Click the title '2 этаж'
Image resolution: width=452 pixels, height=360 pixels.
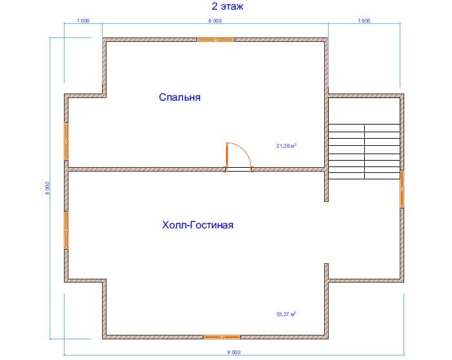pyautogui.click(x=227, y=6)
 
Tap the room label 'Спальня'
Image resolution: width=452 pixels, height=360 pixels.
pyautogui.click(x=180, y=97)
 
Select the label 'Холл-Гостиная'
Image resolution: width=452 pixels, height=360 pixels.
pyautogui.click(x=198, y=225)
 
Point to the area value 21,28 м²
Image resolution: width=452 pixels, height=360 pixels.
pyautogui.click(x=286, y=146)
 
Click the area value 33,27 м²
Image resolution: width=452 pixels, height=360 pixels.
pyautogui.click(x=286, y=314)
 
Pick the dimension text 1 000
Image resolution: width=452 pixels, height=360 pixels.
pyautogui.click(x=83, y=21)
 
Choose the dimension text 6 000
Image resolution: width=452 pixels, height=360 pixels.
pyautogui.click(x=215, y=21)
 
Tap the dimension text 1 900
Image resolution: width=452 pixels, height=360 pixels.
pyautogui.click(x=364, y=21)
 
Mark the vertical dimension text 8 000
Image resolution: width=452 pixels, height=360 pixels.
pyautogui.click(x=47, y=188)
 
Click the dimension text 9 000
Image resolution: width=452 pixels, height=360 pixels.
pyautogui.click(x=234, y=352)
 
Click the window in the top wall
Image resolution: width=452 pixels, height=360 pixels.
pyautogui.click(x=216, y=39)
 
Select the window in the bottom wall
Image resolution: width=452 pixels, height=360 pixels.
pyautogui.click(x=221, y=337)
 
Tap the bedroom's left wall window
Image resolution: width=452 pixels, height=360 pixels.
pyautogui.click(x=66, y=141)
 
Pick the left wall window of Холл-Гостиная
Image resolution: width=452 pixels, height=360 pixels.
pyautogui.click(x=66, y=230)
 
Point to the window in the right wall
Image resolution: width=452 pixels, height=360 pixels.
pyautogui.click(x=402, y=189)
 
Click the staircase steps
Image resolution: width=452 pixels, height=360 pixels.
pyautogui.click(x=364, y=152)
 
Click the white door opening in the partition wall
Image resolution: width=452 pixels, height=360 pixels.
pyautogui.click(x=239, y=169)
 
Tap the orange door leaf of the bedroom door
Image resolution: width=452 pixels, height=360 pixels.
pyautogui.click(x=227, y=155)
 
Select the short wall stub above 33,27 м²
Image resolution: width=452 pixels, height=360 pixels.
pyautogui.click(x=326, y=272)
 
